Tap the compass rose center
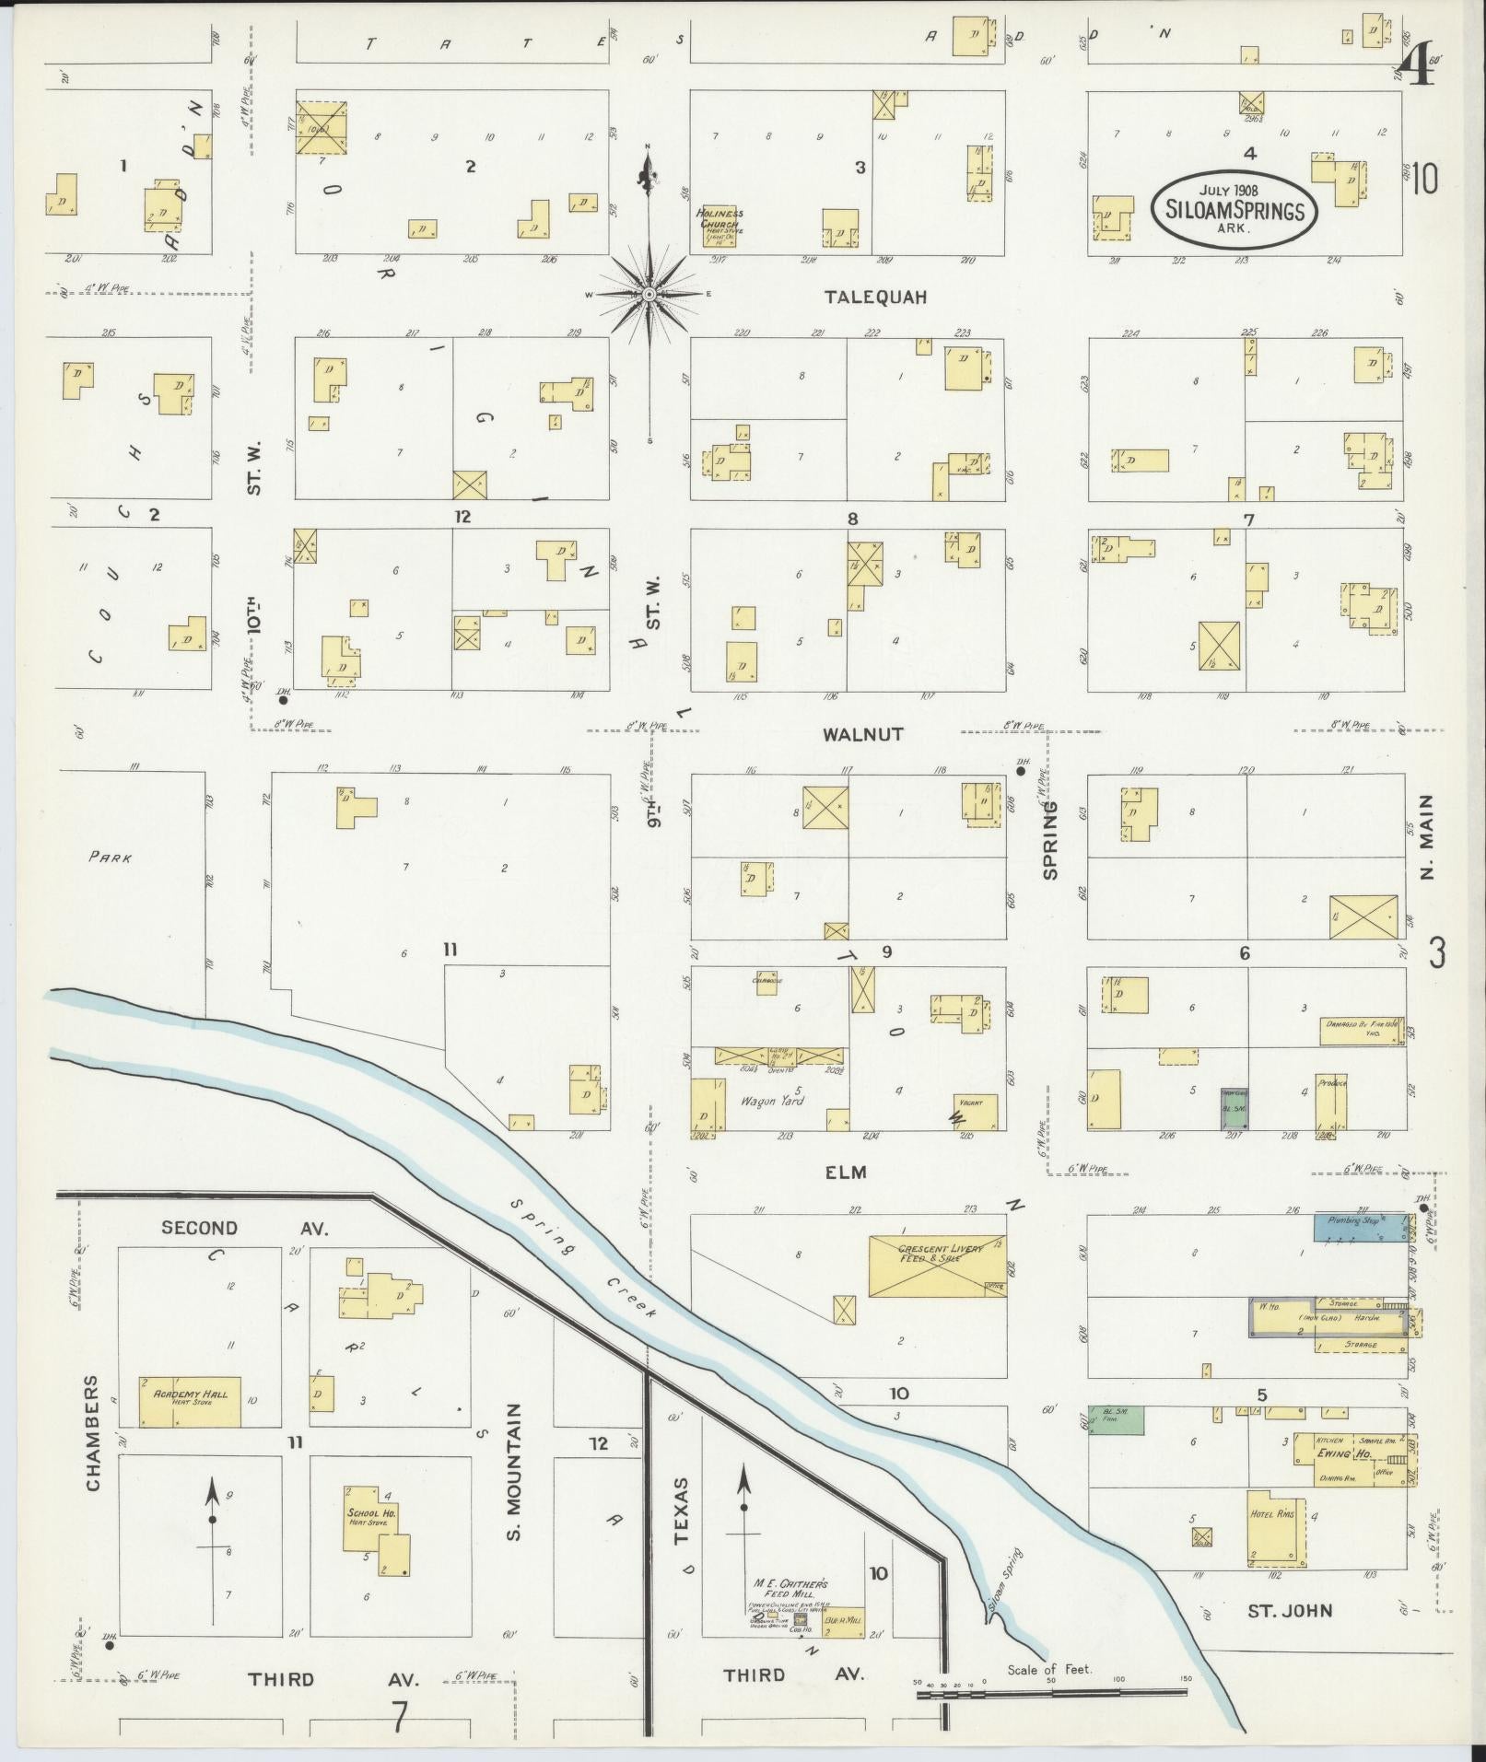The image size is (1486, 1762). [x=649, y=294]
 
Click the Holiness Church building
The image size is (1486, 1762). [x=721, y=227]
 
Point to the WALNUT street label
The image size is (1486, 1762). [x=863, y=734]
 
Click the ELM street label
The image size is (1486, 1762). [x=846, y=1173]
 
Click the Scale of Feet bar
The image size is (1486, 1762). [x=1050, y=1692]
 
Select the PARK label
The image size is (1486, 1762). [x=111, y=857]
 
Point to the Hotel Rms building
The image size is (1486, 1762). [x=1276, y=1527]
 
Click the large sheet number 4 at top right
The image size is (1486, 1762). [x=1417, y=64]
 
